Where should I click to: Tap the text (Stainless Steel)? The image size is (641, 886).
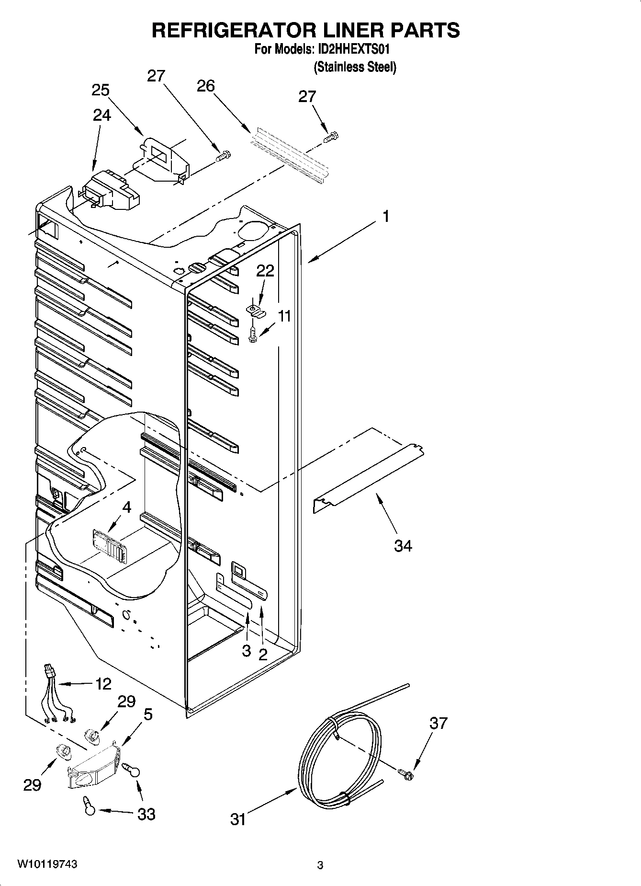point(355,67)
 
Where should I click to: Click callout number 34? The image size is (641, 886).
point(403,545)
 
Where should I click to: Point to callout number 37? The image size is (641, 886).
point(438,723)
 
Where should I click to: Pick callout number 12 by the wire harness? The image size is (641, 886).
point(103,684)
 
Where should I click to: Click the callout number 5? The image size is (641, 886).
point(148,714)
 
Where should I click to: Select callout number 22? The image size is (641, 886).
point(265,271)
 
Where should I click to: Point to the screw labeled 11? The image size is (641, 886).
point(252,334)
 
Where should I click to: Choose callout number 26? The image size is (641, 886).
point(206,86)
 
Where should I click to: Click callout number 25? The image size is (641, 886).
point(101,90)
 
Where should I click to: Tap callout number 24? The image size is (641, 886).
point(102,115)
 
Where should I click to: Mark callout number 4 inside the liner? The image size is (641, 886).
point(126,506)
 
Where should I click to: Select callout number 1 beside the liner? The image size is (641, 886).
point(385,217)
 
